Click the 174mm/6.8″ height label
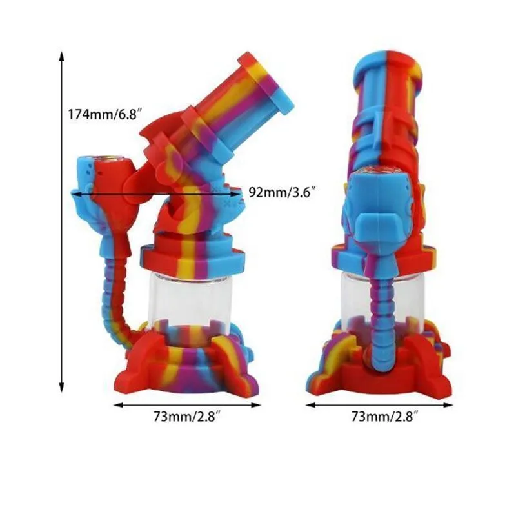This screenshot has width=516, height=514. (105, 114)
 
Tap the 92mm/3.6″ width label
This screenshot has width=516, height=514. (279, 192)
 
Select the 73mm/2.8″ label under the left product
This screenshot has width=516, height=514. (186, 417)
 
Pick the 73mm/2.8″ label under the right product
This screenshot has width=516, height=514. (384, 417)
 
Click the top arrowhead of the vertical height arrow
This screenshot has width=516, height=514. (61, 56)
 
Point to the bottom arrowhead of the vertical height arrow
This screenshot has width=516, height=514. (61, 388)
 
